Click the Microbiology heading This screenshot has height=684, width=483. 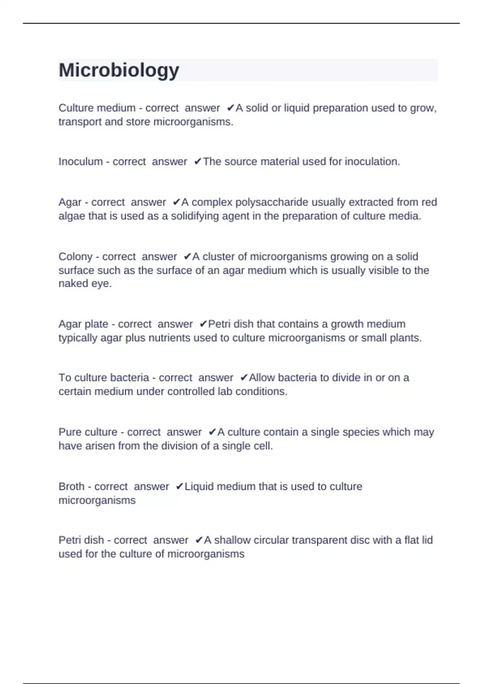119,70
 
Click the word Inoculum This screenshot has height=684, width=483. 80,161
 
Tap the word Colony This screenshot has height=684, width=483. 76,256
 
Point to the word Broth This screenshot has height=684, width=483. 71,486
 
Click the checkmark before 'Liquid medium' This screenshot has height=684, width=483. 180,486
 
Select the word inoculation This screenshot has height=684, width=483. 372,161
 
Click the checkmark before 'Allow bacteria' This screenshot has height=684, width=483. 244,378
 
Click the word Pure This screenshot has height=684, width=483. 69,432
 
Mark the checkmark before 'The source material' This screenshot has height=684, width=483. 198,161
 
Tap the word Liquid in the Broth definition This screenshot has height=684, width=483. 199,486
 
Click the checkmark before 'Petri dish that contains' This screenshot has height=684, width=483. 203,324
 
